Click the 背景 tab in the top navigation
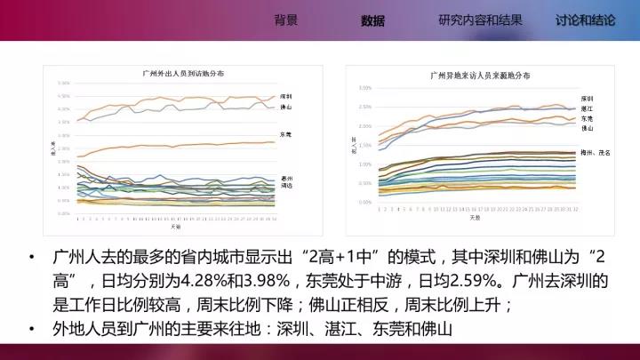tap(285, 20)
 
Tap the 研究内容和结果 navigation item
tap(480, 20)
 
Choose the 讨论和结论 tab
tap(585, 20)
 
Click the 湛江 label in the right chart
tap(586, 108)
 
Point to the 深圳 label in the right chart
tap(586, 97)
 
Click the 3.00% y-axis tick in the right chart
tap(365, 89)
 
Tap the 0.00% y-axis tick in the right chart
tap(365, 202)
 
